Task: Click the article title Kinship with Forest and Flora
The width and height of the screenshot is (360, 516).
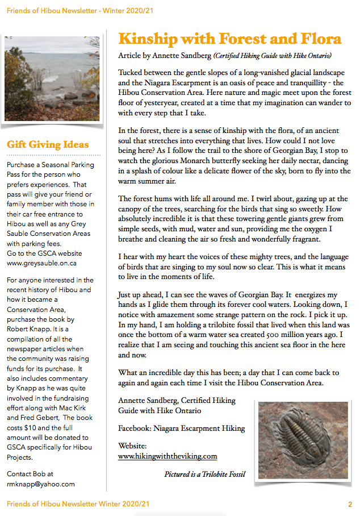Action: click(229, 39)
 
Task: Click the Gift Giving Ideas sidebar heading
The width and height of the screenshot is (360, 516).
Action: click(48, 144)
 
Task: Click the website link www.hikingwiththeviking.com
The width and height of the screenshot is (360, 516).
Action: click(168, 456)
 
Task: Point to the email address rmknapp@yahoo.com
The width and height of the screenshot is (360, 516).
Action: click(41, 484)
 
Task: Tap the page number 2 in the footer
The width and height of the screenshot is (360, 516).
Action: click(350, 504)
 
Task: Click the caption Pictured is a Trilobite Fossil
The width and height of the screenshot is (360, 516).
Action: click(204, 474)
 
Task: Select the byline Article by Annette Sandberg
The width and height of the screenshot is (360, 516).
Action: click(165, 56)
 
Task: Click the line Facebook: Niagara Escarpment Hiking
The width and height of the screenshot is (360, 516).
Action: click(181, 428)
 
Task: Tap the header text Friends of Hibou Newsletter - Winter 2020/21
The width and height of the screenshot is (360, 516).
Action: click(80, 10)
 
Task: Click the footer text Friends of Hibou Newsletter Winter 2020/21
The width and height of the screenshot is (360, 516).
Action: click(78, 504)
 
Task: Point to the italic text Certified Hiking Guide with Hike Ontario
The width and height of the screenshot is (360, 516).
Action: click(272, 56)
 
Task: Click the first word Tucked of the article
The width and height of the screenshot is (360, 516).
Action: click(131, 73)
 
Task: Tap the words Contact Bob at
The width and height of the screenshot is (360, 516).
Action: click(30, 473)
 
